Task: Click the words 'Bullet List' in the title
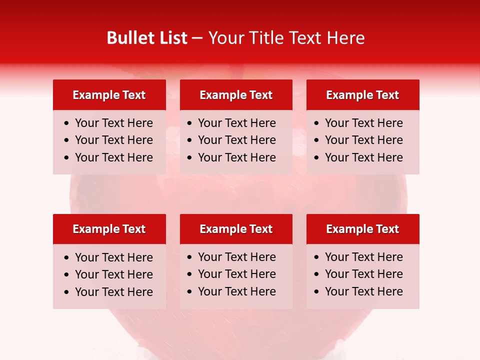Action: pyautogui.click(x=147, y=38)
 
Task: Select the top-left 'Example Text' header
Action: pyautogui.click(x=109, y=95)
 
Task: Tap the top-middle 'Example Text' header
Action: pyautogui.click(x=236, y=95)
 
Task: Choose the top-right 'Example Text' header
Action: pyautogui.click(x=362, y=95)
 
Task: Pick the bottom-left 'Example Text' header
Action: pyautogui.click(x=109, y=229)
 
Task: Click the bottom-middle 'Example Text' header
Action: pyautogui.click(x=236, y=229)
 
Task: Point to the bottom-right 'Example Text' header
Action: pyautogui.click(x=362, y=229)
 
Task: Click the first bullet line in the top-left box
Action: pyautogui.click(x=113, y=123)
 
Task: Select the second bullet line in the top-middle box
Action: pyautogui.click(x=236, y=140)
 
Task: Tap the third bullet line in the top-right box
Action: pyautogui.click(x=363, y=157)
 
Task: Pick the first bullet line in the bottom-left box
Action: pyautogui.click(x=113, y=257)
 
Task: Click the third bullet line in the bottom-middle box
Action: pyautogui.click(x=236, y=291)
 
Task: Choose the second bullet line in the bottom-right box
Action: pyautogui.click(x=363, y=274)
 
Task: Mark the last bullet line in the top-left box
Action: pyautogui.click(x=113, y=157)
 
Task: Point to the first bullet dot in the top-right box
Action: pyautogui.click(x=317, y=123)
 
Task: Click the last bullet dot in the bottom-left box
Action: pyautogui.click(x=67, y=292)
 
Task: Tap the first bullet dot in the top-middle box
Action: pyautogui.click(x=190, y=123)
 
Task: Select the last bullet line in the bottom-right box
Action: pyautogui.click(x=363, y=291)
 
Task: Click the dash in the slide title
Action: pyautogui.click(x=197, y=38)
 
